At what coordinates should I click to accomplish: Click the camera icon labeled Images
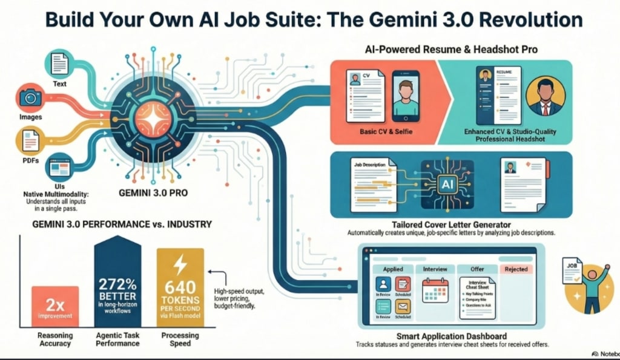tap(30, 98)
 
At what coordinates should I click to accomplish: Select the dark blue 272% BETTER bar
tap(118, 288)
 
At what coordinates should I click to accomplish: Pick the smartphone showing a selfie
tap(406, 94)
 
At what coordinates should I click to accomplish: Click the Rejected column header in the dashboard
tap(516, 269)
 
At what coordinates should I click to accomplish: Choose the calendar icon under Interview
tap(434, 290)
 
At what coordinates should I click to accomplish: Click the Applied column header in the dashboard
tap(389, 269)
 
